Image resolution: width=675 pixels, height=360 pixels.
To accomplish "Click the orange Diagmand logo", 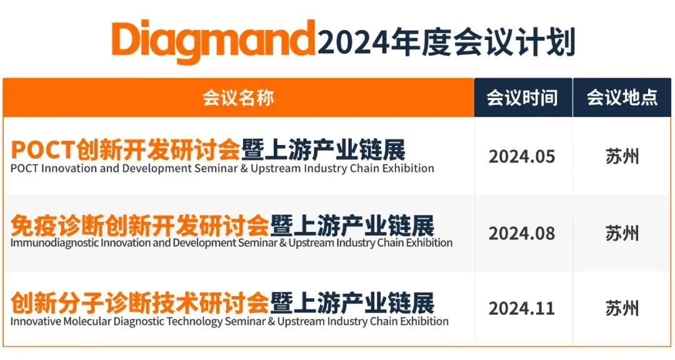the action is click(214, 41).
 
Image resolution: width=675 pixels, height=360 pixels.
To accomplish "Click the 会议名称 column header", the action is click(238, 97).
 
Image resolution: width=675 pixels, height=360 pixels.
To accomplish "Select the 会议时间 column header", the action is click(522, 97).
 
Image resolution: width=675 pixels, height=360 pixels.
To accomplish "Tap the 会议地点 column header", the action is click(622, 97).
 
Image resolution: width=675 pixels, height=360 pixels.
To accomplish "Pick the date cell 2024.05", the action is click(522, 156).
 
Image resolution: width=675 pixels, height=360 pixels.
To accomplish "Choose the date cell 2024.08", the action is click(522, 233).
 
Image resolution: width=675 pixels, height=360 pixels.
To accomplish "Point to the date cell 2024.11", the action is click(522, 308).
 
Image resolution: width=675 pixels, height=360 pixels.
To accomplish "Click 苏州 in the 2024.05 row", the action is click(622, 156).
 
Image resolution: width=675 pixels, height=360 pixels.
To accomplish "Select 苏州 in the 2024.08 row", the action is click(622, 233).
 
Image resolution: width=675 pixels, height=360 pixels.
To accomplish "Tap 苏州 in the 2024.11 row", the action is click(622, 308).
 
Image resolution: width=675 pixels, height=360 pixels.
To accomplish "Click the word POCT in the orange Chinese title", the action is click(43, 150).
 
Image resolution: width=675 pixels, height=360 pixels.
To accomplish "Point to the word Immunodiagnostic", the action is click(54, 243).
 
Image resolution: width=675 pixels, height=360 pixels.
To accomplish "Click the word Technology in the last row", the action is click(194, 322).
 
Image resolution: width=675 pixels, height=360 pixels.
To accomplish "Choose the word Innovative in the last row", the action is click(36, 321).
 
